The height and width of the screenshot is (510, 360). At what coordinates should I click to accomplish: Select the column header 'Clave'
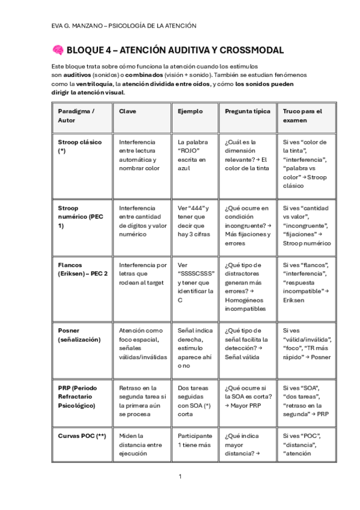click(x=127, y=111)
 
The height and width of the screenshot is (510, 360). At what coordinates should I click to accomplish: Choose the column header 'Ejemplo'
click(x=190, y=111)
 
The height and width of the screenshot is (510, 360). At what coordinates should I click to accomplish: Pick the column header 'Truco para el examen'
click(x=302, y=115)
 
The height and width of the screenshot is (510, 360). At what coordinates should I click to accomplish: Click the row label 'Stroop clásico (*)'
click(x=79, y=146)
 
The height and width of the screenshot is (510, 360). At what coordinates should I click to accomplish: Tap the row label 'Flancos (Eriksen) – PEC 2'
click(x=81, y=269)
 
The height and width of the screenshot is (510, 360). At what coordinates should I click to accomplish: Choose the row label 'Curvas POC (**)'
click(x=82, y=435)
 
